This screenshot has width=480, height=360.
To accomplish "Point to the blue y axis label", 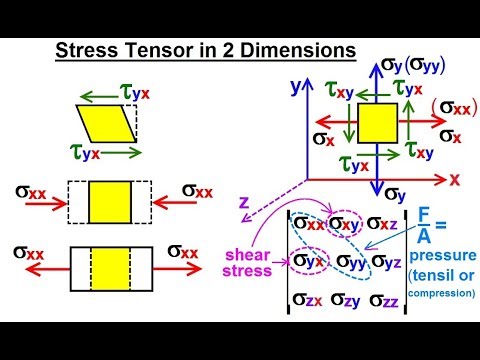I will (x=295, y=85).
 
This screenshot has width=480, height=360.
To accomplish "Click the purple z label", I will (x=242, y=202).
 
